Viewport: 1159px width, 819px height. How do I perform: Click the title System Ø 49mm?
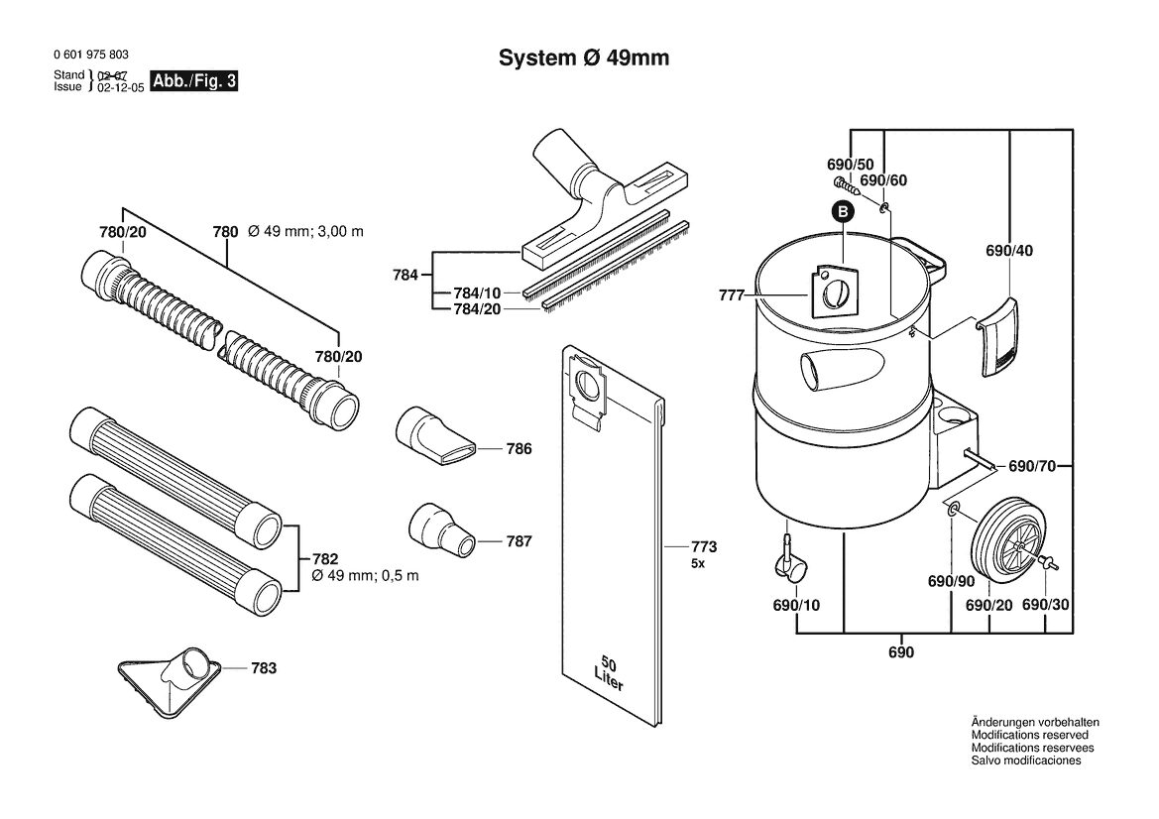point(584,58)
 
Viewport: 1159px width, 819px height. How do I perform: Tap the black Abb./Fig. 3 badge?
point(194,81)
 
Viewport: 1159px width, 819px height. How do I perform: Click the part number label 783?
point(264,668)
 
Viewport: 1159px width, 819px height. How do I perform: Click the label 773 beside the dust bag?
point(704,547)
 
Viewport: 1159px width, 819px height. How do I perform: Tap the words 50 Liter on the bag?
point(609,672)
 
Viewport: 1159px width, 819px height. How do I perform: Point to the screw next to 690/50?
point(846,184)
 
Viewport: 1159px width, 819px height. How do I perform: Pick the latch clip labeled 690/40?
point(997,337)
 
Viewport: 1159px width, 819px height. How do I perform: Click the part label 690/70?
point(1032,466)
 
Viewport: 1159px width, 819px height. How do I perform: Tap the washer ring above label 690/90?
point(954,507)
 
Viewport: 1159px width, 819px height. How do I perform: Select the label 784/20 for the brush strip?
point(477,309)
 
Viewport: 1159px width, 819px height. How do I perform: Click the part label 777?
point(731,295)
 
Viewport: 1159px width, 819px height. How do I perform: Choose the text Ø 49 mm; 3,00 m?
point(305,231)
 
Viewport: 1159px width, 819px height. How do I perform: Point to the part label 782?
point(325,559)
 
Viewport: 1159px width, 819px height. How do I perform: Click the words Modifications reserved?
point(1030,736)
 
